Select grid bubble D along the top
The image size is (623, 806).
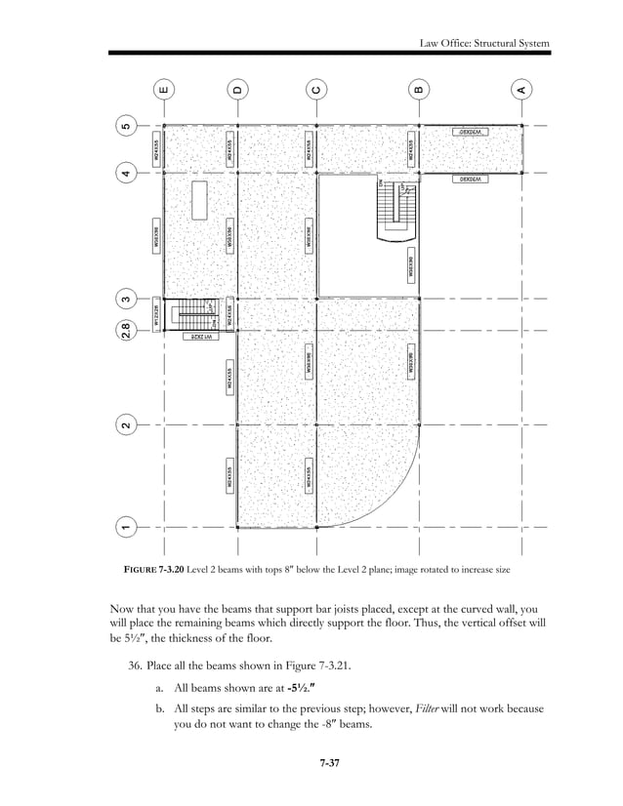(238, 91)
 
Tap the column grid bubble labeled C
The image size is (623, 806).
(316, 91)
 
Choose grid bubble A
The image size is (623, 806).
(522, 91)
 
